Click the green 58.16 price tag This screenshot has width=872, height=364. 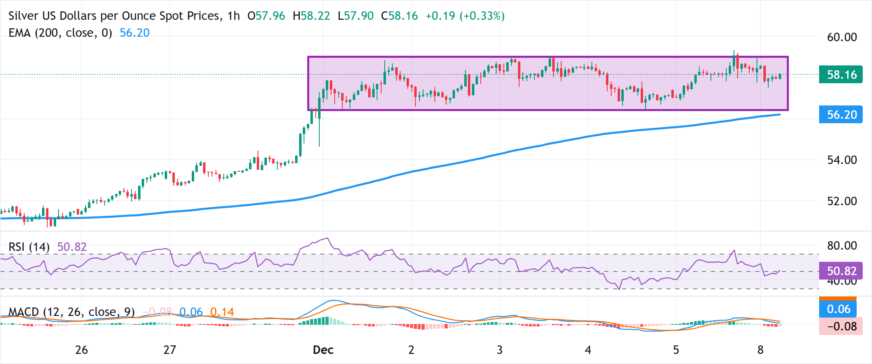coord(841,75)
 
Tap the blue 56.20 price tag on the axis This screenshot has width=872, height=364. coord(841,115)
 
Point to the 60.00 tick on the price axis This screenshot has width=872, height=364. coord(842,37)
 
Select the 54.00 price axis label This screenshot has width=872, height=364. coord(842,160)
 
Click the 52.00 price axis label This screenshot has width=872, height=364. coord(842,201)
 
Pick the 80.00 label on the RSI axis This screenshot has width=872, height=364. coord(842,246)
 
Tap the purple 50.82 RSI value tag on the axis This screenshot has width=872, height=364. coord(841,271)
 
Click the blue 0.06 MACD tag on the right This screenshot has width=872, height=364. coord(838,309)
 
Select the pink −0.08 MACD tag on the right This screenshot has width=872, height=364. coord(841,326)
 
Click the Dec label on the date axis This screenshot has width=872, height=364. coord(323,350)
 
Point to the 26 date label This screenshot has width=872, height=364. coord(82,350)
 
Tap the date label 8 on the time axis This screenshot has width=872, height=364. coord(760,350)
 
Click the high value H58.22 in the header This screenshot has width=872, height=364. coord(311,16)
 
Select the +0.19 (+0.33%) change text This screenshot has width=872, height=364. coord(465,16)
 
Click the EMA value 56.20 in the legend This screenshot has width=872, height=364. coord(134,33)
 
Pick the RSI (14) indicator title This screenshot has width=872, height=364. coord(29,247)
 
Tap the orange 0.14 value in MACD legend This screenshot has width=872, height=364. coord(222,312)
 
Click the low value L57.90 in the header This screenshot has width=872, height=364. coord(356,16)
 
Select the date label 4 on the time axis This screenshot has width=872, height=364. coord(588,350)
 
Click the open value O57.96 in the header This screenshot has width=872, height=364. coord(266,16)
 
